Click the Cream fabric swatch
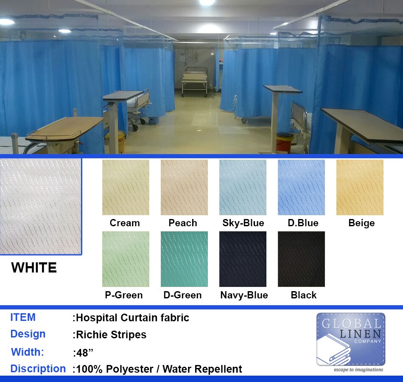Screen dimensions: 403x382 point(126,187)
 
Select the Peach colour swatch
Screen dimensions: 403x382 point(184,187)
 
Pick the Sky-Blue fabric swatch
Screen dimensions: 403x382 point(243,187)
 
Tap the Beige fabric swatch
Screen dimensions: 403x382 point(360,187)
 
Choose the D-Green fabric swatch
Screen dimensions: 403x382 point(184,259)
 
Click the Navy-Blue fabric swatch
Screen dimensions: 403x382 point(243,259)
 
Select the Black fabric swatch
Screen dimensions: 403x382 point(302,259)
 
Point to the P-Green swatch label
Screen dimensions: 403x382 point(124,295)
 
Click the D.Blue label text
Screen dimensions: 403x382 point(303,223)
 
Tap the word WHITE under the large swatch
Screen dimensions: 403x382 point(34,267)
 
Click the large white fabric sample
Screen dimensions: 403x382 point(41,207)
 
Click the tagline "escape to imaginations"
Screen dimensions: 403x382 point(358,370)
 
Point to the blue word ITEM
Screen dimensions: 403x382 point(23,317)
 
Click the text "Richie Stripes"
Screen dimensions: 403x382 point(111,334)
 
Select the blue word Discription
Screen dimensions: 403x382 point(38,368)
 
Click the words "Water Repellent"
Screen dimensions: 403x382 point(202,369)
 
